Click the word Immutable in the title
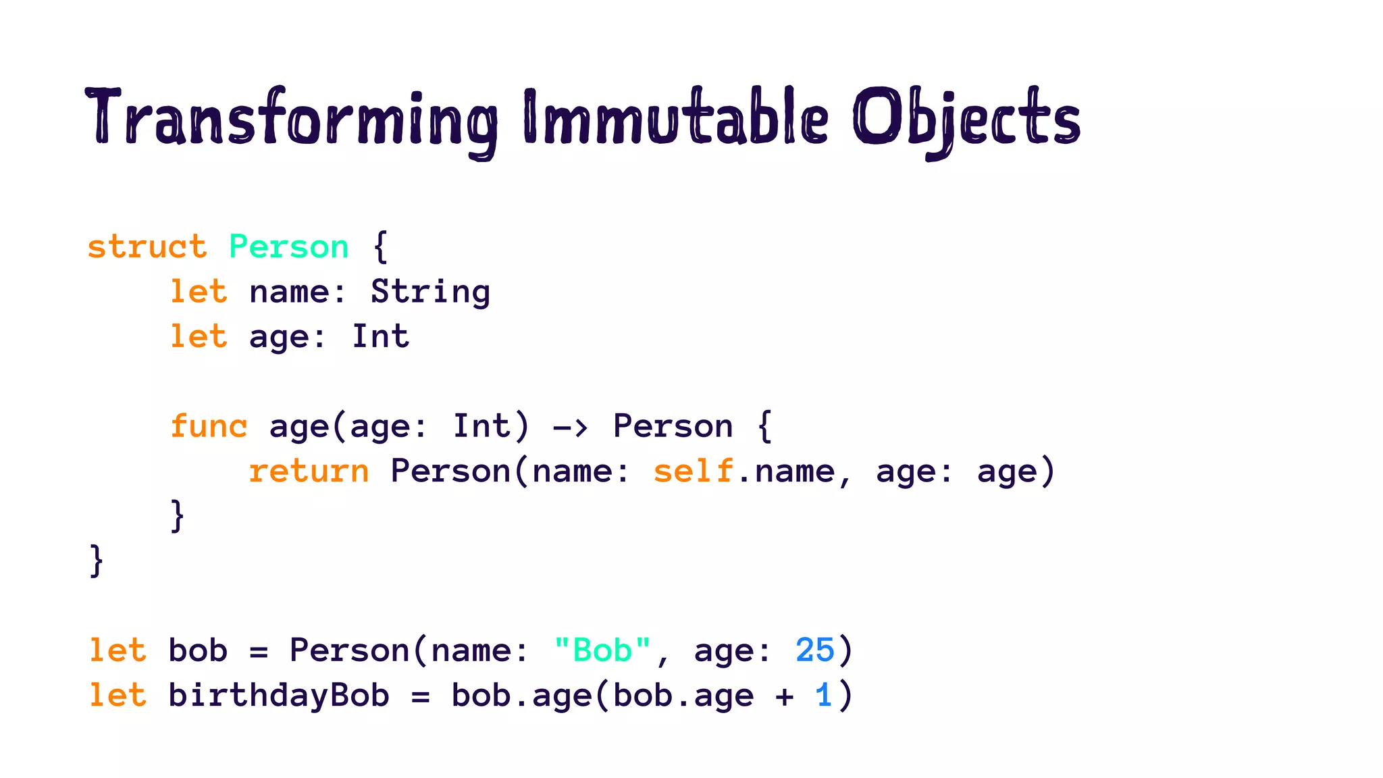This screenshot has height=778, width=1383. click(x=675, y=118)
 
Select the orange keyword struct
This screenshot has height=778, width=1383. click(x=147, y=247)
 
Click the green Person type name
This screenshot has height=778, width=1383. click(x=289, y=247)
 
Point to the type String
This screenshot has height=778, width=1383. click(x=430, y=292)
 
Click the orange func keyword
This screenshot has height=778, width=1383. click(x=209, y=427)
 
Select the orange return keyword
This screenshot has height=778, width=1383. click(x=309, y=471)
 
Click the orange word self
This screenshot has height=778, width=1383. click(x=694, y=471)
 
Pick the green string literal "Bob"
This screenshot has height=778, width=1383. click(x=602, y=651)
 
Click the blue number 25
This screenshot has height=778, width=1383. click(x=815, y=651)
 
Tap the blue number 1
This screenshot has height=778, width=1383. click(x=823, y=696)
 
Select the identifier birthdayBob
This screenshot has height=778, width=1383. click(x=279, y=696)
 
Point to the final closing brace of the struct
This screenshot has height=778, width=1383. click(x=97, y=561)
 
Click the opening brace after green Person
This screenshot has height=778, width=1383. click(x=381, y=247)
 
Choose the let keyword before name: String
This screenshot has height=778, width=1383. click(x=199, y=292)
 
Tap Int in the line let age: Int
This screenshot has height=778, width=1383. click(x=380, y=337)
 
